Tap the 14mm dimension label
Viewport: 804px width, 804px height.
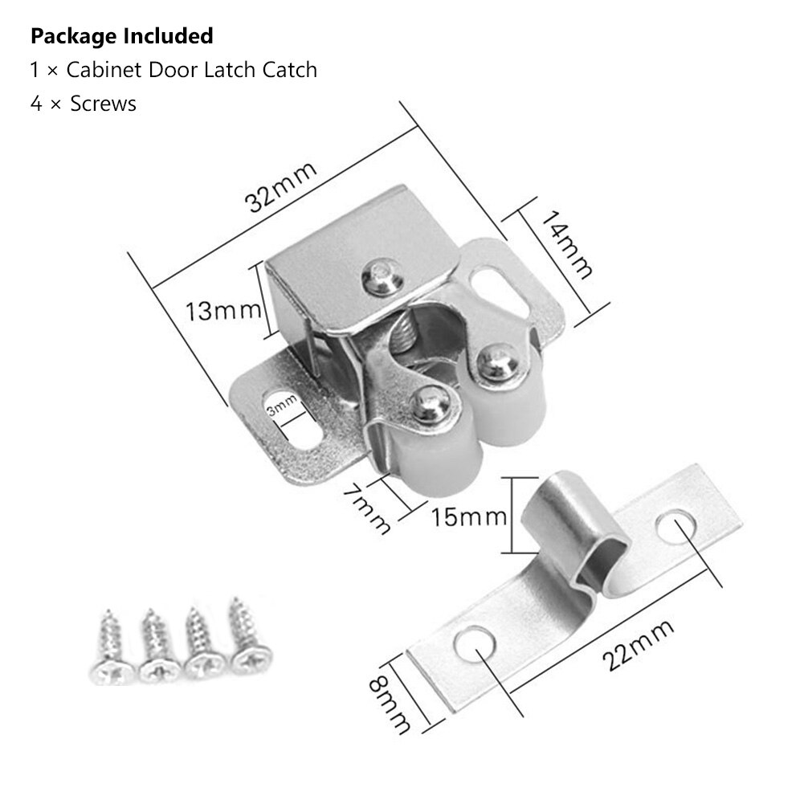click(567, 243)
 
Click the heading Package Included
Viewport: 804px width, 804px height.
click(121, 36)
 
